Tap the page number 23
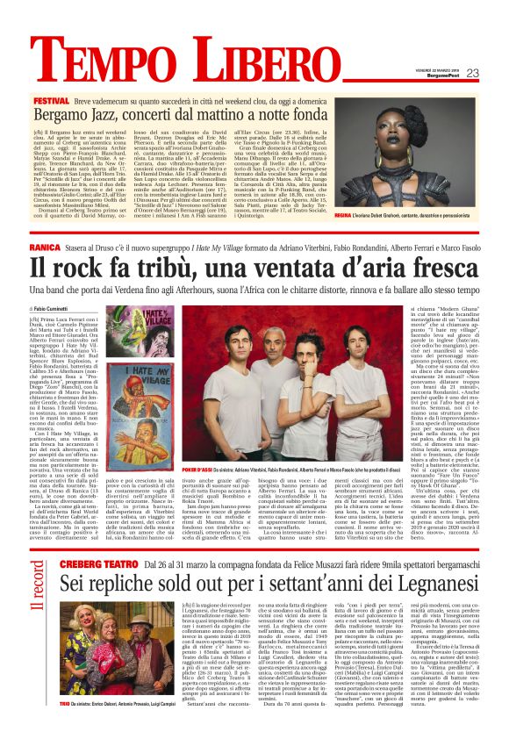click(471, 73)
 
